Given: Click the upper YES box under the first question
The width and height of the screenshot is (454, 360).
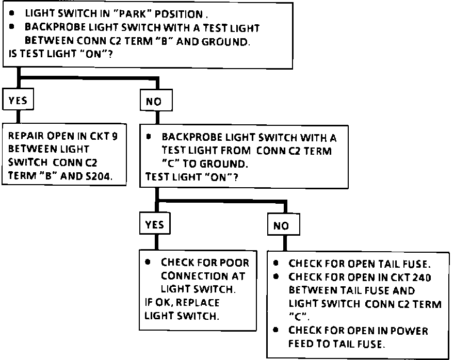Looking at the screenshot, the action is (x=18, y=99).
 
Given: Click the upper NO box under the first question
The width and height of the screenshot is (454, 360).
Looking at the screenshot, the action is (x=156, y=101).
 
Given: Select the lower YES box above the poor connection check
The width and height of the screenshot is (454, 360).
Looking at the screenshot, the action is (x=155, y=223).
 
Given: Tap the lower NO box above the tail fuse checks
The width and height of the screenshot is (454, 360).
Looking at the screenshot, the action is (x=283, y=224).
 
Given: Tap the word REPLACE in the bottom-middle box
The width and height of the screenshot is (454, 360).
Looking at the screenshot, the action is (x=198, y=302).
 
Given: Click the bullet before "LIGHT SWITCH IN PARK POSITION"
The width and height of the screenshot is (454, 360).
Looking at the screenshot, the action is (x=11, y=13).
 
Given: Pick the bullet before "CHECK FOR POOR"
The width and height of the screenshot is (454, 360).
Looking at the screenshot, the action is (x=148, y=262).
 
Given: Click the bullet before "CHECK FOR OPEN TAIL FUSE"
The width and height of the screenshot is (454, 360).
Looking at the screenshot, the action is (x=275, y=263).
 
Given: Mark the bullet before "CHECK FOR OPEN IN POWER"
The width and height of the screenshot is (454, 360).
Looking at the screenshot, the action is (x=275, y=330).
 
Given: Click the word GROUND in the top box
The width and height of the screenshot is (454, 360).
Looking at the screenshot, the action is (x=225, y=42).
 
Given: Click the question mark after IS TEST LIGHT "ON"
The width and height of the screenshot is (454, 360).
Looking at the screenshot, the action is (x=110, y=54).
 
